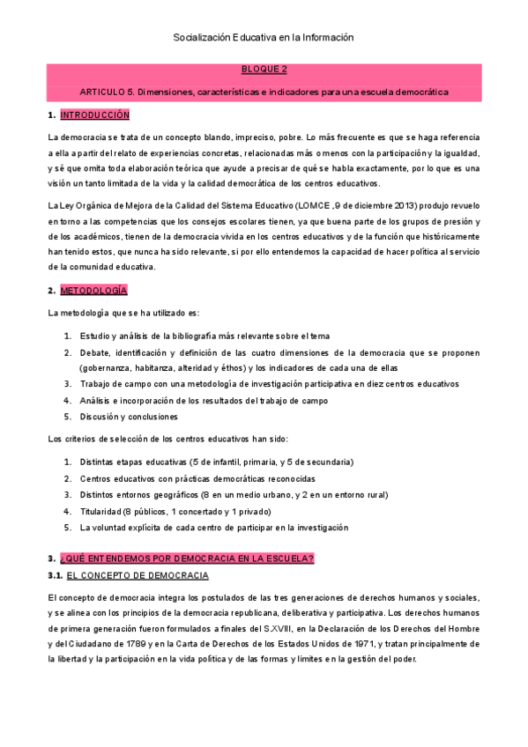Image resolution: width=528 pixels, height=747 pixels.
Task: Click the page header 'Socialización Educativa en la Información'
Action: coord(264,38)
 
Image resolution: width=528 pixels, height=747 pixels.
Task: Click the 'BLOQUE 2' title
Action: coord(264,69)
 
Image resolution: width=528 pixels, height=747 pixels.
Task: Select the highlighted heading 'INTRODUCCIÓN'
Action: coord(94,115)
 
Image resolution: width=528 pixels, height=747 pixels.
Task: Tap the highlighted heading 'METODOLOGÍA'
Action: coord(93,291)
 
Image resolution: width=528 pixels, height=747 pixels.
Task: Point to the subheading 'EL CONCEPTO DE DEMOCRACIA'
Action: coord(138,576)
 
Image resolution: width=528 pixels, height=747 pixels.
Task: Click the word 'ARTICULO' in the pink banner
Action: coord(103,92)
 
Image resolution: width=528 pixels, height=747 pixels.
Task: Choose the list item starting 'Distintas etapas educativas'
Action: coord(216,462)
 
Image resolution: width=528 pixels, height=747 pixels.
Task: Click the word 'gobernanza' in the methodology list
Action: coord(107,368)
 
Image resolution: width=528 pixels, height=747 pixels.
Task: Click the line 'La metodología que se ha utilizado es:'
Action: coord(123,313)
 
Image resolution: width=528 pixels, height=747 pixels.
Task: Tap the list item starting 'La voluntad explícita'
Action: coord(213,528)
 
